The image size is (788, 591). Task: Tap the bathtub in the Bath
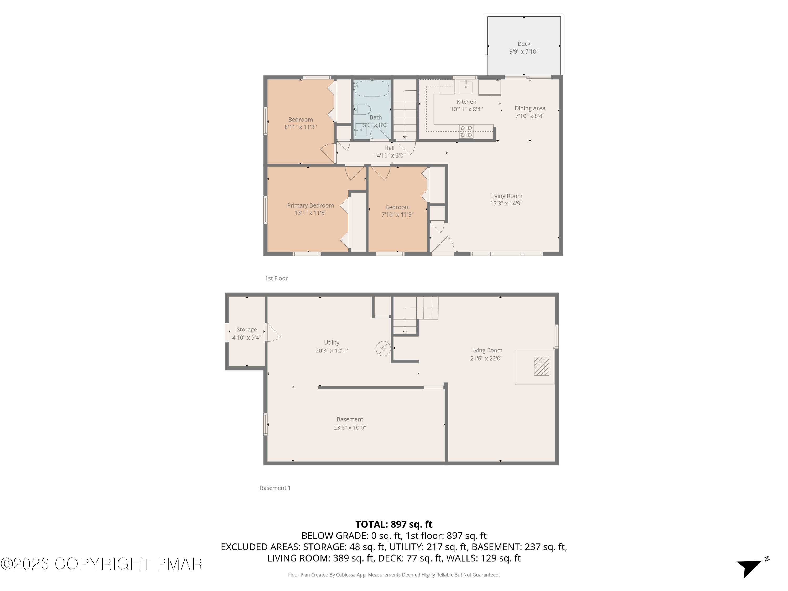click(x=372, y=88)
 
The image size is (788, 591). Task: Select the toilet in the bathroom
click(x=363, y=109)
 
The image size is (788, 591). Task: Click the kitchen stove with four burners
click(x=466, y=131)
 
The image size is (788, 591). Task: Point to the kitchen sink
click(x=466, y=86)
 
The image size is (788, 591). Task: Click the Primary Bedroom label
click(x=310, y=205)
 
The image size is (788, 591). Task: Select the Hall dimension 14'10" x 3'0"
click(x=389, y=156)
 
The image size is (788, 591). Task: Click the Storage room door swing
click(x=273, y=333)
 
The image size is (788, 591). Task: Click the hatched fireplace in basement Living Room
click(x=541, y=366)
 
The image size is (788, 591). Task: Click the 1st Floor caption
click(x=276, y=278)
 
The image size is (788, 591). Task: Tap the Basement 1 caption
click(x=275, y=488)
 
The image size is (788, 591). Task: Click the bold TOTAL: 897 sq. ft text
click(x=394, y=524)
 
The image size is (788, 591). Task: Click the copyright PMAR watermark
click(x=102, y=564)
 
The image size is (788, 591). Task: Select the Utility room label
click(x=331, y=342)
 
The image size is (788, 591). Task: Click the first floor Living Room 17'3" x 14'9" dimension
click(x=506, y=203)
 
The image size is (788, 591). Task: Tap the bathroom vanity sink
click(x=361, y=130)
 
